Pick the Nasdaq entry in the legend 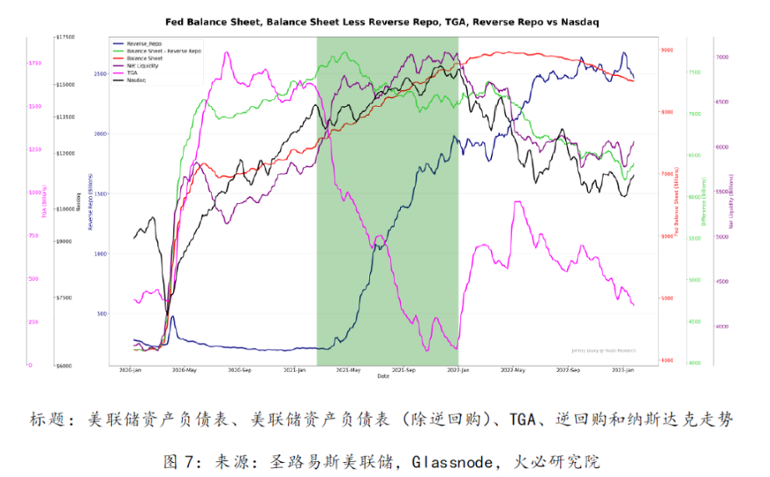click(x=136, y=80)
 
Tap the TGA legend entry click(x=132, y=73)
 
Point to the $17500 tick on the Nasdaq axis click(x=65, y=38)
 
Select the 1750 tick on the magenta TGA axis click(x=35, y=63)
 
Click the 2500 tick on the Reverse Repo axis click(x=100, y=74)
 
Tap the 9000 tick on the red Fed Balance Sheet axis click(x=666, y=51)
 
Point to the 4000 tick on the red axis click(x=666, y=360)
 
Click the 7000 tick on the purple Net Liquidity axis click(x=723, y=57)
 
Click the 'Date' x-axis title click(x=382, y=376)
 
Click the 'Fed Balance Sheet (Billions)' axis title click(x=676, y=205)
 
